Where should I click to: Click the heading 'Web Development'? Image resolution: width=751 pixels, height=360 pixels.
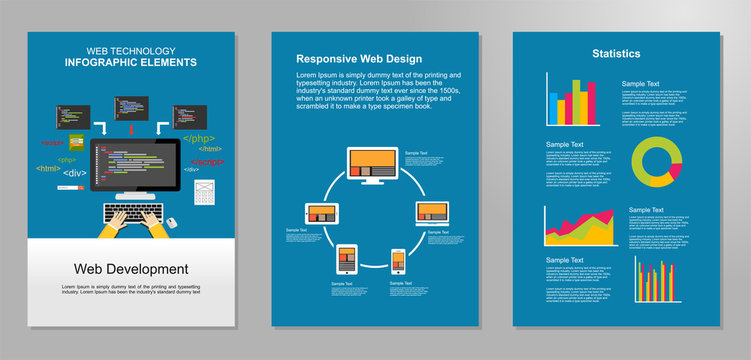click(131, 269)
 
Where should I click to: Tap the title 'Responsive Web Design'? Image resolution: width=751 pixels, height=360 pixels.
click(359, 59)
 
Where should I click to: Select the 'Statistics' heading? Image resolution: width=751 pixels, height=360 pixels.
click(616, 54)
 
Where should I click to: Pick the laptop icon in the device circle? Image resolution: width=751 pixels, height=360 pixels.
click(431, 213)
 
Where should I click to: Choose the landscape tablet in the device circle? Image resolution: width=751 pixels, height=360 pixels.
click(318, 214)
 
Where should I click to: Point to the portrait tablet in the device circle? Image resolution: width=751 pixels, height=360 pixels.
click(346, 260)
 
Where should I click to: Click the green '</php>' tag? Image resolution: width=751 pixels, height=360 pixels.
click(197, 138)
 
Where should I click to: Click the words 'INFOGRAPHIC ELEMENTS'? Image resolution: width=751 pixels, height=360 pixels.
click(131, 63)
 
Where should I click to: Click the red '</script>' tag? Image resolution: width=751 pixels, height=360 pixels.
click(206, 162)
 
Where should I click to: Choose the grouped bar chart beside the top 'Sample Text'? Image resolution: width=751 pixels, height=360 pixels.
click(577, 99)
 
